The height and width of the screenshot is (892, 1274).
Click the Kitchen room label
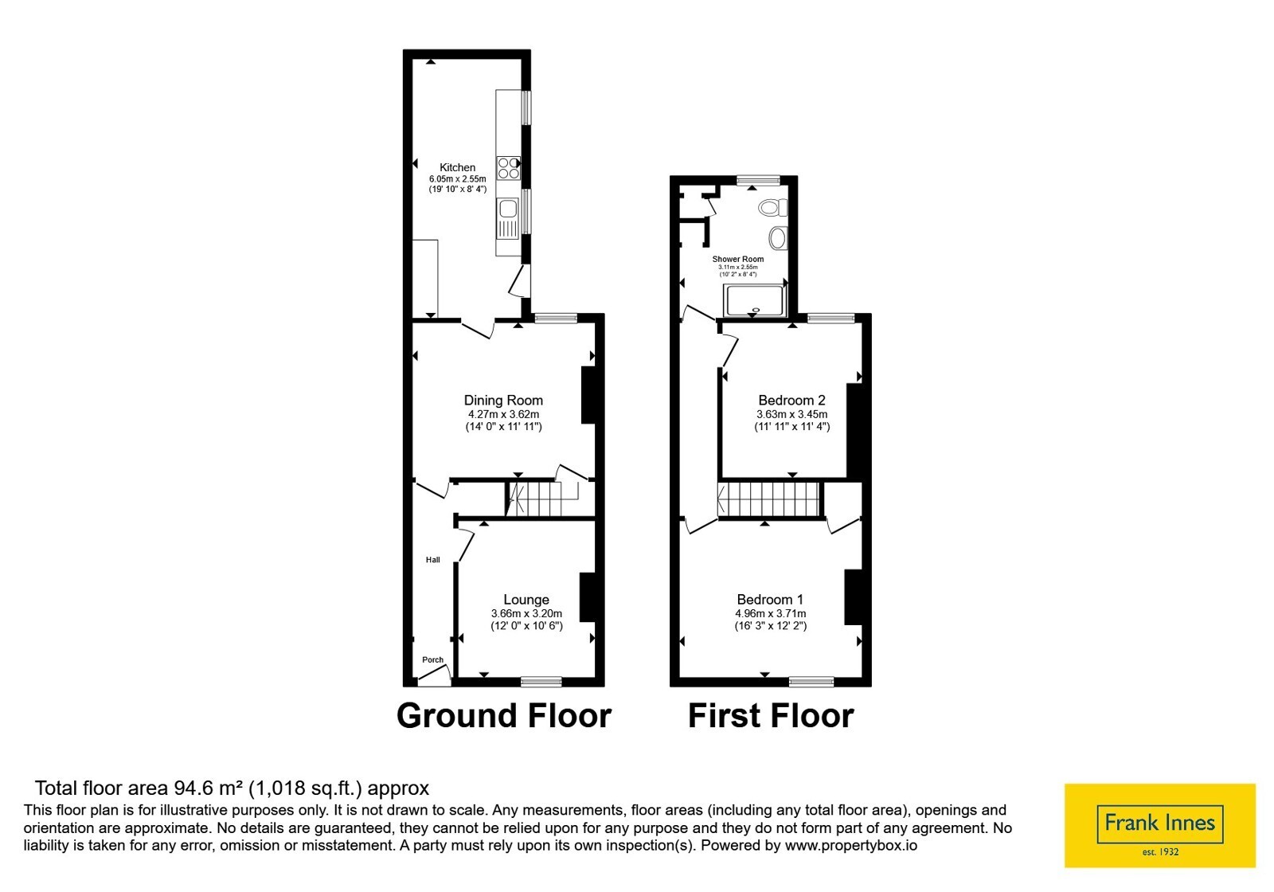(x=457, y=167)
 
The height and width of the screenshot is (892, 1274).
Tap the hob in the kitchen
(x=508, y=168)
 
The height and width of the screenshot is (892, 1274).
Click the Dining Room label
(x=503, y=400)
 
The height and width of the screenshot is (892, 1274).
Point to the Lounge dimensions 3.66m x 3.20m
(x=526, y=613)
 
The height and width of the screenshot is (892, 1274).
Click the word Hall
(x=433, y=560)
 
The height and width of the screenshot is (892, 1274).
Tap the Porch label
(x=433, y=660)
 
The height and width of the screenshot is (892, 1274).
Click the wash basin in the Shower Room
(x=778, y=237)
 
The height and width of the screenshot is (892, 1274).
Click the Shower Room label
(x=737, y=259)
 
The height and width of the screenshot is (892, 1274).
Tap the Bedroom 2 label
(x=791, y=400)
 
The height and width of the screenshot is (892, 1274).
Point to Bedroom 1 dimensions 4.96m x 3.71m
(x=770, y=613)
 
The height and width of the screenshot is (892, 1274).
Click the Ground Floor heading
(x=503, y=716)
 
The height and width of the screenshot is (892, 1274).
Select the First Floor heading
(x=771, y=716)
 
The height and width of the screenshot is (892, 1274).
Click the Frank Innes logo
(x=1159, y=825)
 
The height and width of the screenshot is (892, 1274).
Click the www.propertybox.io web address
(x=851, y=845)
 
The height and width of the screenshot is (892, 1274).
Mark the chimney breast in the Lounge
(x=588, y=597)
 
